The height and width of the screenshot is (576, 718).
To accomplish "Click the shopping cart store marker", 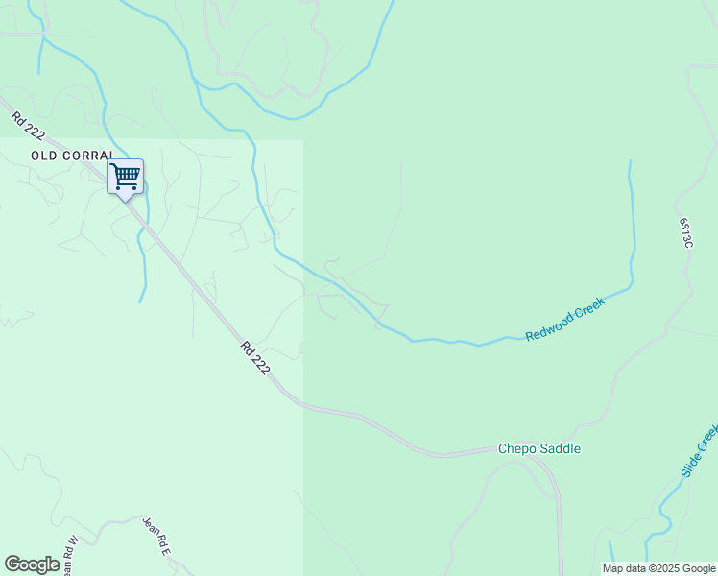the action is pyautogui.click(x=125, y=177).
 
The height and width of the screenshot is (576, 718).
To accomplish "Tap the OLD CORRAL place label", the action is pyautogui.click(x=72, y=155).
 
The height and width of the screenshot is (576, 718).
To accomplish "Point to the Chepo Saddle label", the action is pyautogui.click(x=538, y=448).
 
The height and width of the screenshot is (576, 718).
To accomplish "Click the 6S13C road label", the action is pyautogui.click(x=685, y=232).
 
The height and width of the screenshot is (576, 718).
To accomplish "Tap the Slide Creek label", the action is pyautogui.click(x=699, y=451).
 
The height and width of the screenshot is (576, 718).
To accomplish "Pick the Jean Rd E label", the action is pyautogui.click(x=156, y=536).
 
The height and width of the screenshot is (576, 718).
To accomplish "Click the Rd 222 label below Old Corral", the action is pyautogui.click(x=254, y=358).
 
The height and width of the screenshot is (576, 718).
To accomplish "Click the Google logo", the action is pyautogui.click(x=32, y=564).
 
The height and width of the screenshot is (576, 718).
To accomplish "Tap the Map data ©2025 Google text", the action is pyautogui.click(x=658, y=568).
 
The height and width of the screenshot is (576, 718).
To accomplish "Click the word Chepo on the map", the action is pyautogui.click(x=515, y=448).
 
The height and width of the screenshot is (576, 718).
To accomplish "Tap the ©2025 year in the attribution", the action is pyautogui.click(x=665, y=568).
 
